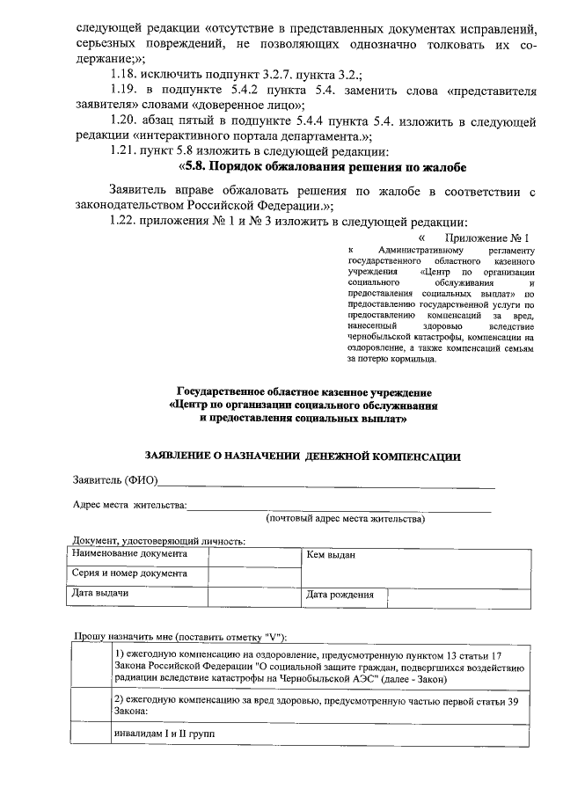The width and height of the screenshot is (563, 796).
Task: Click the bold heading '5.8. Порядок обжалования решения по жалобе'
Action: tap(322, 167)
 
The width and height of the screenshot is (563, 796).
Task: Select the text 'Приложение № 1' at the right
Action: tap(487, 237)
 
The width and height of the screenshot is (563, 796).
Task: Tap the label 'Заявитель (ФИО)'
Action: tap(114, 480)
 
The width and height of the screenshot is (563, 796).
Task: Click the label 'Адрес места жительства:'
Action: tap(129, 505)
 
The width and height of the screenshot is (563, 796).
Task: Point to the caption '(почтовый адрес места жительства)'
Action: tap(346, 519)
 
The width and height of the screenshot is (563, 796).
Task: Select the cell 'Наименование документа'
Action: tap(130, 555)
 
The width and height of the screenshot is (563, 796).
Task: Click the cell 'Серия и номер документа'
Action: tap(130, 574)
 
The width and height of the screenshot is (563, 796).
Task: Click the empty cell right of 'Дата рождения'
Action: tap(459, 595)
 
